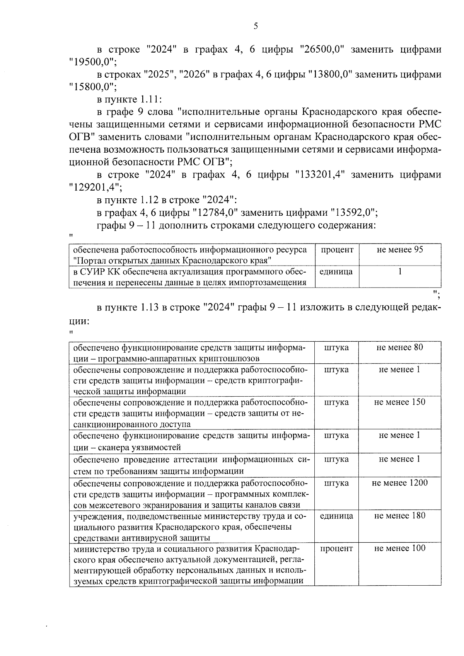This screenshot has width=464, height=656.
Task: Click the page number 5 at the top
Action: click(255, 26)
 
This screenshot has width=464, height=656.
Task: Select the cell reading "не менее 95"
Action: click(400, 250)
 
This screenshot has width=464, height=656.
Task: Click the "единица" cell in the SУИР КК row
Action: click(337, 272)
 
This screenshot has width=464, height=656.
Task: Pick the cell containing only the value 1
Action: click(400, 272)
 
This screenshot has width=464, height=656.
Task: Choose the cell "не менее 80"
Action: click(400, 347)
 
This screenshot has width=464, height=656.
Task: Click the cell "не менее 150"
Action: click(400, 402)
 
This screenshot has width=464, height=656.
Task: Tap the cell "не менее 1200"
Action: click(400, 483)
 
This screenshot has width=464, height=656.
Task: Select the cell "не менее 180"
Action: click(400, 516)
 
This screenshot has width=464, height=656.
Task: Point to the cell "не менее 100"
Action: click(400, 548)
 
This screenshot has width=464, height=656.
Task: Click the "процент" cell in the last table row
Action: click(337, 548)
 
